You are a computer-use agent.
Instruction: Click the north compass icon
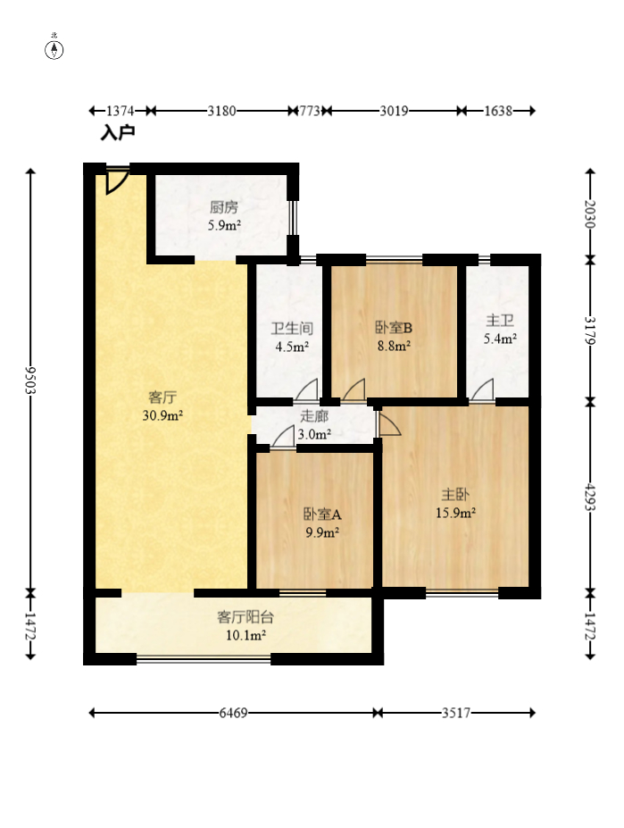click(x=54, y=48)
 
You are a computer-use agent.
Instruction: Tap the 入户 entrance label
click(x=117, y=133)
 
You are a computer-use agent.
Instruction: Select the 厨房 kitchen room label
click(x=223, y=207)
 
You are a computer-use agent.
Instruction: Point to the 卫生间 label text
click(x=291, y=329)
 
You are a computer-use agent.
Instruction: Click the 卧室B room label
click(x=393, y=328)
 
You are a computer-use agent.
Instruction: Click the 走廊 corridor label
click(x=314, y=416)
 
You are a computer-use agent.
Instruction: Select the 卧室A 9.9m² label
click(x=321, y=523)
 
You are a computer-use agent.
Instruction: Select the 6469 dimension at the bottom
click(x=234, y=713)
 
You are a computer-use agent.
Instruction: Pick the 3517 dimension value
click(x=456, y=713)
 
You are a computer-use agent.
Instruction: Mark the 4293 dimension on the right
click(x=590, y=496)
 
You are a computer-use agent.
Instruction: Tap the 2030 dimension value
click(x=590, y=213)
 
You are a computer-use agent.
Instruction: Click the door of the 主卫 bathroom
click(x=483, y=391)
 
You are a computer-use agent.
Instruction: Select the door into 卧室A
click(x=284, y=437)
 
